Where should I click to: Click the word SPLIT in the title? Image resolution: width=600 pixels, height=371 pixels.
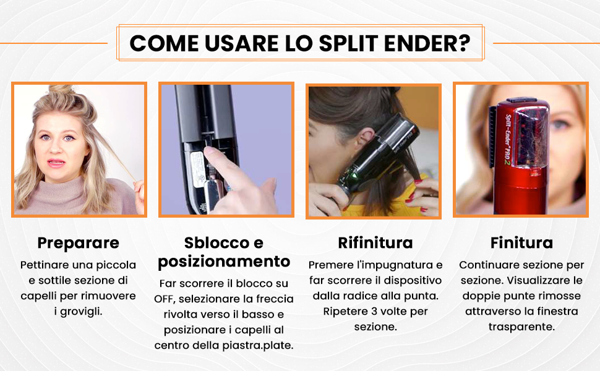(348, 43)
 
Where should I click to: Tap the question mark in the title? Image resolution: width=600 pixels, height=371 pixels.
(465, 43)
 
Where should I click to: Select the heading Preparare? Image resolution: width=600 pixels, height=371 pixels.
(79, 244)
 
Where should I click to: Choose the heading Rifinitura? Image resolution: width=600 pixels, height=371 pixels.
(375, 243)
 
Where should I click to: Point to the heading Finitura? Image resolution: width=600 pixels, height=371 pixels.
(521, 243)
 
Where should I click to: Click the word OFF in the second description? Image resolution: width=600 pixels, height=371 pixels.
(165, 299)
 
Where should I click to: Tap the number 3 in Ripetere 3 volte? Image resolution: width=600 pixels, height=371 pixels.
(374, 312)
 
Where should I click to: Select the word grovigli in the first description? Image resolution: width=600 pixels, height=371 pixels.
(82, 312)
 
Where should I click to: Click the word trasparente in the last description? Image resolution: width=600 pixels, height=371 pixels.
(521, 327)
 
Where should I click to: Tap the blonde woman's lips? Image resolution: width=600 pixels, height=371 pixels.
(56, 163)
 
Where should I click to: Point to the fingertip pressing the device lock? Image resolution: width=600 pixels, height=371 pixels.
(209, 151)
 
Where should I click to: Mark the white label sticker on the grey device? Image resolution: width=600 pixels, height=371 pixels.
(197, 169)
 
